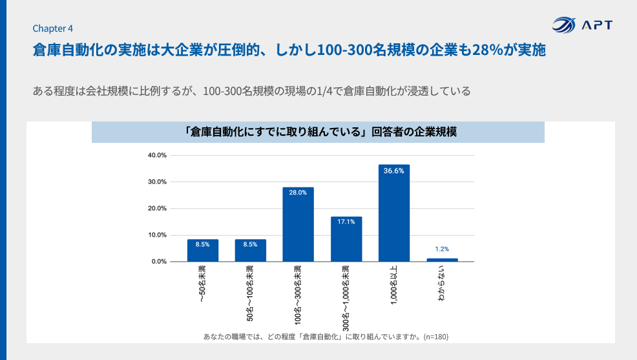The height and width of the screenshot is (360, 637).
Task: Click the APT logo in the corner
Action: (582, 25)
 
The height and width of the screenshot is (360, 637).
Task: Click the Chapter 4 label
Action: (52, 28)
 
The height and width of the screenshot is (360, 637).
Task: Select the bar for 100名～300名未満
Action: (298, 224)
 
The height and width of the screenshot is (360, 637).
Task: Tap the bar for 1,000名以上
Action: (394, 213)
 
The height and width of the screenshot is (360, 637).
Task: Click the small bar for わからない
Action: (442, 260)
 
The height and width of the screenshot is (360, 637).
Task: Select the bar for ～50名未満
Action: (203, 251)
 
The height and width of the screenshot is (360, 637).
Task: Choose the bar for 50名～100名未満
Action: (251, 251)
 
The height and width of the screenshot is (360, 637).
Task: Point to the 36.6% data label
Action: (394, 171)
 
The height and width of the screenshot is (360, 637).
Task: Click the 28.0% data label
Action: (298, 193)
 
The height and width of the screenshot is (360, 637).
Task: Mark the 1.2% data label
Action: (442, 249)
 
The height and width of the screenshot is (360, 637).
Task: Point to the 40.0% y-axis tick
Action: (158, 155)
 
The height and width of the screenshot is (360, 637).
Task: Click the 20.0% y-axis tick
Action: (158, 208)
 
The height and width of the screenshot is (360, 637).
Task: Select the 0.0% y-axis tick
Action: (160, 261)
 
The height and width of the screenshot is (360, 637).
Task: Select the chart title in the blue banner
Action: (318, 132)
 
